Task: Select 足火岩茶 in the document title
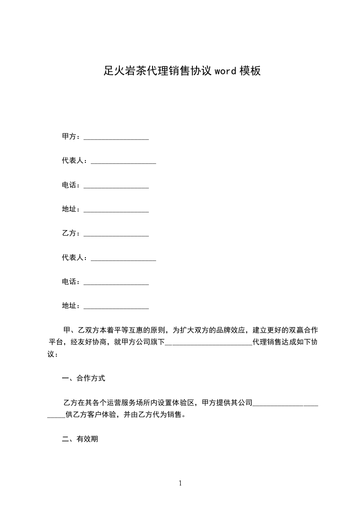(x=119, y=71)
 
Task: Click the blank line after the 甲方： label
(x=116, y=137)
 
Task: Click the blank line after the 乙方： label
(x=116, y=234)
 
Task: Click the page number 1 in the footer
(x=180, y=483)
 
